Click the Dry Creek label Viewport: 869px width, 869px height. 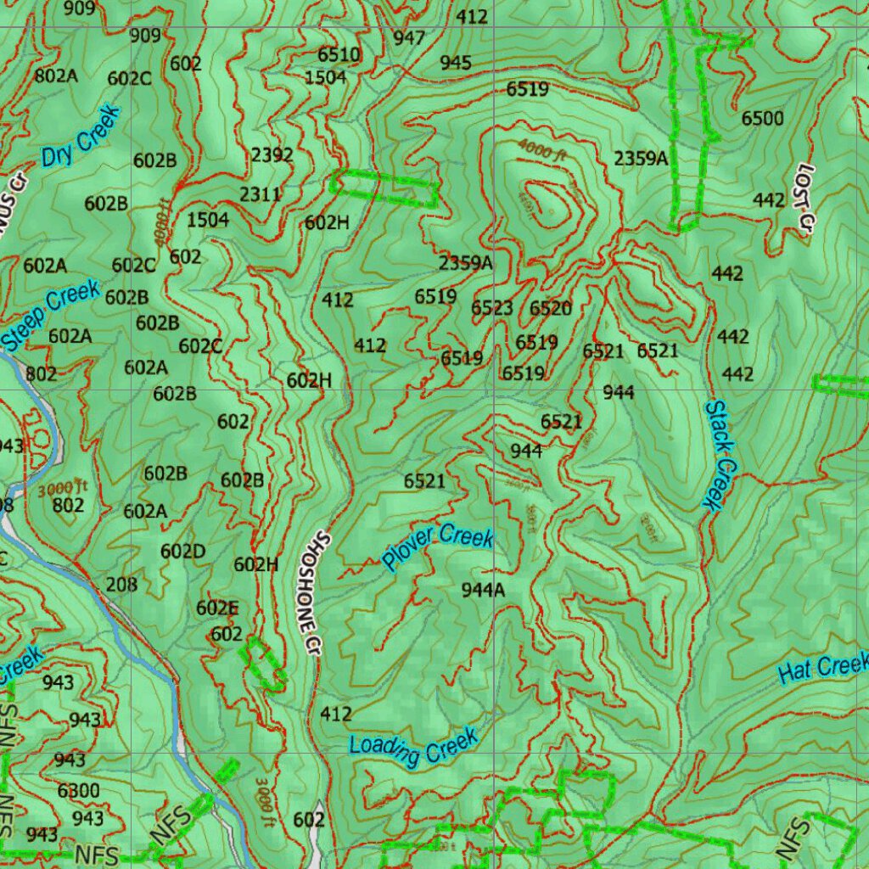81,136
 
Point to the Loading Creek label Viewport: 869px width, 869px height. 414,747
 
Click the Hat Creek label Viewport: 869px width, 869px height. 823,668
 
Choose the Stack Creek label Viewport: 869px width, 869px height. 718,455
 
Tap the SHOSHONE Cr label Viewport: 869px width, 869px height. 311,586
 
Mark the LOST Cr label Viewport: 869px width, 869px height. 802,196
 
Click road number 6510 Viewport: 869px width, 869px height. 339,55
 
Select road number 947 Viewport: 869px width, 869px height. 409,38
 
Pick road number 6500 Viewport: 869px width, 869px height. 762,119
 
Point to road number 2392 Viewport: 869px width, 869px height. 272,155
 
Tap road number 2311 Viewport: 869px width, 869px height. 260,194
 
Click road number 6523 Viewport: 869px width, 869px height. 492,308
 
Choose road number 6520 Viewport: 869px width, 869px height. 551,308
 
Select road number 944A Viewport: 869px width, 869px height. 483,590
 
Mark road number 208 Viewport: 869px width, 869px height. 121,584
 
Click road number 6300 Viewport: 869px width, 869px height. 78,791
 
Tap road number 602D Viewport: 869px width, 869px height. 182,552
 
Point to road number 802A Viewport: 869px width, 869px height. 56,76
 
